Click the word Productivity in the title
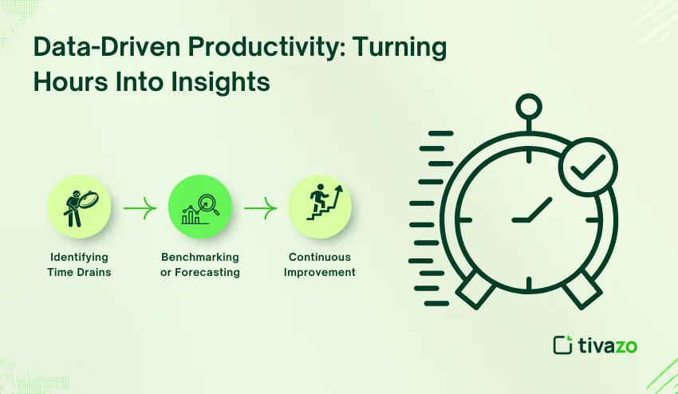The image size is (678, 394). (266, 48)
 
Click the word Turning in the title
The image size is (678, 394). (401, 48)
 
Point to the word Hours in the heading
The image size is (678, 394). (70, 81)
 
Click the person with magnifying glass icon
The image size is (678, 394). (80, 207)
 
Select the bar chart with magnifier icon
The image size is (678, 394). (199, 208)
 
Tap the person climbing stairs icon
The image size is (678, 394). (325, 202)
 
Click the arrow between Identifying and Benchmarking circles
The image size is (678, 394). (140, 208)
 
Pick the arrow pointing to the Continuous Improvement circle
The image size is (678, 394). (260, 208)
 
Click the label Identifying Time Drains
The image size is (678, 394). (79, 265)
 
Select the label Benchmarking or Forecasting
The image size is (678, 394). (199, 265)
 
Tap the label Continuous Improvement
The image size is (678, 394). (320, 265)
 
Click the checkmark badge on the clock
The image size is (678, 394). (588, 167)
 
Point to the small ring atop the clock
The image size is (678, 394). (528, 107)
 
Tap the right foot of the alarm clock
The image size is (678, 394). (582, 289)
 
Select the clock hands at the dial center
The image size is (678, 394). (531, 211)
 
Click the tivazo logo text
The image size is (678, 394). (607, 345)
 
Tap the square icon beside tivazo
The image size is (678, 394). (562, 345)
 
